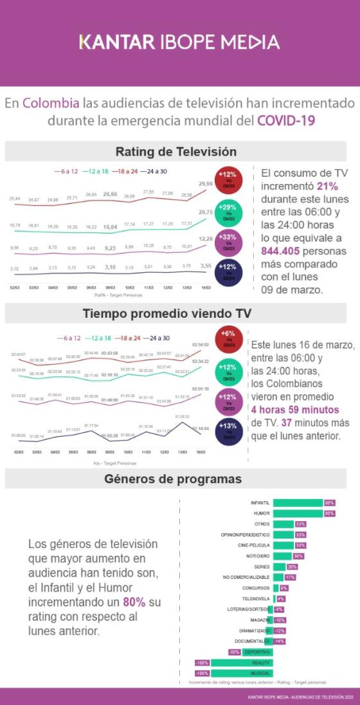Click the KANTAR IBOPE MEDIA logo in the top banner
[x=179, y=42]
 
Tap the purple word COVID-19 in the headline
[x=286, y=120]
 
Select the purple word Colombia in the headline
[x=51, y=103]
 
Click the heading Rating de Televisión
[x=175, y=152]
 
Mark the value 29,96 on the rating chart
[x=205, y=183]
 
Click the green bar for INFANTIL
[x=298, y=502]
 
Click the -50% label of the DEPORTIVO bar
[x=235, y=652]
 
